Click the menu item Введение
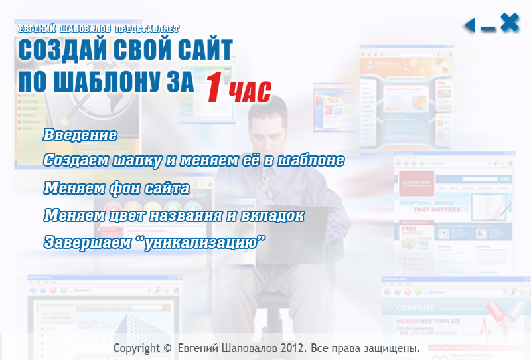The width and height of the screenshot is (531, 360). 80,135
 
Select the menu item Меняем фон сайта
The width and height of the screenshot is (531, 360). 117,188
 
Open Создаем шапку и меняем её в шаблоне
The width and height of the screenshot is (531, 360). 194,160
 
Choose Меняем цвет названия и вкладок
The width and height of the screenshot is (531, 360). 174,215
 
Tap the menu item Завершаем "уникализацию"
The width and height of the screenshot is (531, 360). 155,242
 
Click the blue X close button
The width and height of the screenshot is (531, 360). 510,23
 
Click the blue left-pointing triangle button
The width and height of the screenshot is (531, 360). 470,25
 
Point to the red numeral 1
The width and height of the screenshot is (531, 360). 215,87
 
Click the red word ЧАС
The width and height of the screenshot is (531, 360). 250,92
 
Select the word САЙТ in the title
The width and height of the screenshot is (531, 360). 205,50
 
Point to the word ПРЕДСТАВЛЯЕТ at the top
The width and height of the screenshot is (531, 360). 147,29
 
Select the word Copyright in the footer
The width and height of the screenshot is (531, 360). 137,348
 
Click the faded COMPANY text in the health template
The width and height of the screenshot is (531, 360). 415,308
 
